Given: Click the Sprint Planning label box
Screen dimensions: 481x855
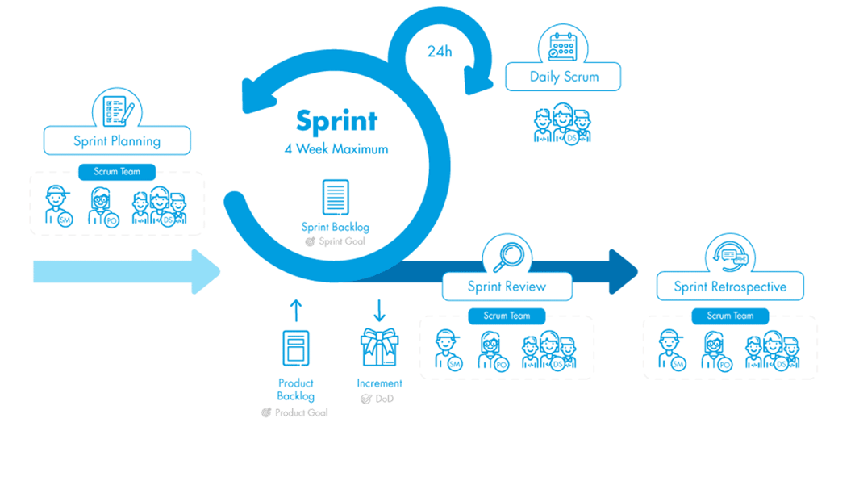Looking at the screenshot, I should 117,141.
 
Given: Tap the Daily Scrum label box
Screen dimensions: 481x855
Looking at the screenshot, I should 564,77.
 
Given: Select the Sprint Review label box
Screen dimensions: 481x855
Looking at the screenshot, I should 507,287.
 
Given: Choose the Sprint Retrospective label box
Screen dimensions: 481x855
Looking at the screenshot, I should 730,287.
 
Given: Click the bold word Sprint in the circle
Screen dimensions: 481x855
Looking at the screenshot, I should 336,121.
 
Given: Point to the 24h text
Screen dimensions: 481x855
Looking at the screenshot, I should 440,52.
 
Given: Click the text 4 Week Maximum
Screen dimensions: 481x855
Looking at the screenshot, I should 336,149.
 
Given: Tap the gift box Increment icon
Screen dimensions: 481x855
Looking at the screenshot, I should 379,348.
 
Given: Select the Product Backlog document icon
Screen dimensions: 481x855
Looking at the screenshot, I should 295,348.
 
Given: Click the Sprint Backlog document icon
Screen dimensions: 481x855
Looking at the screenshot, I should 336,197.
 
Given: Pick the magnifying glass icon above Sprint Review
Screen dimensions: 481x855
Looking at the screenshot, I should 507,256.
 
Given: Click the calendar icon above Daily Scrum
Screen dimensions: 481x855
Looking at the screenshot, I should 562,45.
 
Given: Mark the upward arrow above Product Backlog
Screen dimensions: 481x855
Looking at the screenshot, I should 295,310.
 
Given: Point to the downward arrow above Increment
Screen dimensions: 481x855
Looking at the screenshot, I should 379,310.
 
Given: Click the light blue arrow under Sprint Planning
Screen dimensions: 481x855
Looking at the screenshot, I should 126,271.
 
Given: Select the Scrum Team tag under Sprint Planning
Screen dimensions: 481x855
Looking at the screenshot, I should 117,172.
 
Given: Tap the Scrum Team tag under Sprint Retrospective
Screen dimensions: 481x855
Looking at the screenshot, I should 730,316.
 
